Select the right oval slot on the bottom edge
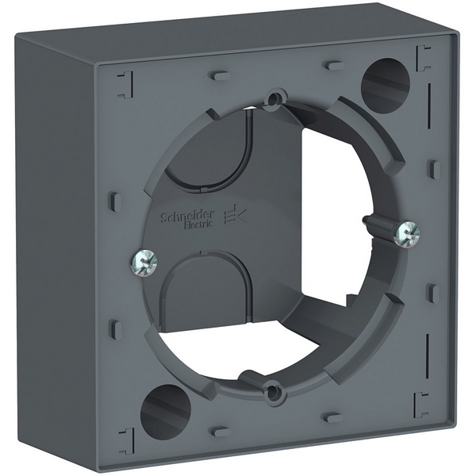coord(334,417)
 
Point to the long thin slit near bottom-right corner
coord(429,350)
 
